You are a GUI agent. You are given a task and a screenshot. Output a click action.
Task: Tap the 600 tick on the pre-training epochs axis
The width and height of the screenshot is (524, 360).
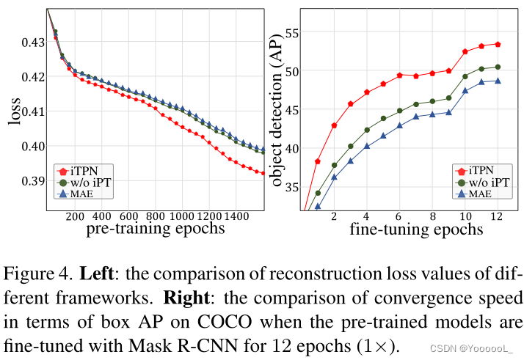pyautogui.click(x=129, y=216)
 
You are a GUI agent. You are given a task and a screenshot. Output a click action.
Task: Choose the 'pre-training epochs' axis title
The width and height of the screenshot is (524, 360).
pyautogui.click(x=156, y=229)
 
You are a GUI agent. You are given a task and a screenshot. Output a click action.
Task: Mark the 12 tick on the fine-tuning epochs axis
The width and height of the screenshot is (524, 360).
pyautogui.click(x=497, y=217)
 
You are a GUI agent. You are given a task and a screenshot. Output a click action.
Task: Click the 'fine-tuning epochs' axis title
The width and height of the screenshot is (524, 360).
pyautogui.click(x=416, y=229)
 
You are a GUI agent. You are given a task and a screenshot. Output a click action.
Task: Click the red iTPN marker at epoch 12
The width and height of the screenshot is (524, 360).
pyautogui.click(x=498, y=45)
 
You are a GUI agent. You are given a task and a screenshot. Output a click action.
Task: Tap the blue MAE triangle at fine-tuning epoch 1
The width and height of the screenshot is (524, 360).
pyautogui.click(x=318, y=207)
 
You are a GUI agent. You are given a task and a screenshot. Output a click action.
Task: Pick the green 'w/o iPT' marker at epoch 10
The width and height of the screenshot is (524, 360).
pyautogui.click(x=465, y=76)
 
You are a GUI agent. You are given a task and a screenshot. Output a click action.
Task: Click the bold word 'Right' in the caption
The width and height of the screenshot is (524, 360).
pyautogui.click(x=186, y=299)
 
